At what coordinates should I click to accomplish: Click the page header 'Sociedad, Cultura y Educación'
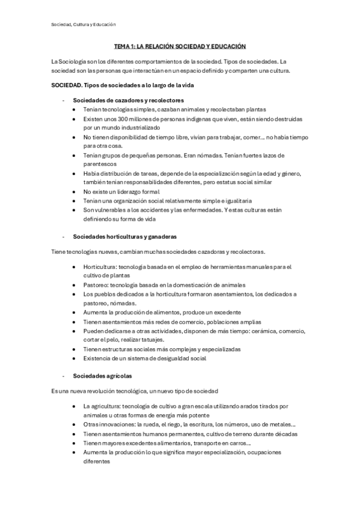point(84,24)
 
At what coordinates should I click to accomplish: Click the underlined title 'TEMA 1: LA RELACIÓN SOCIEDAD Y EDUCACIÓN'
point(180,46)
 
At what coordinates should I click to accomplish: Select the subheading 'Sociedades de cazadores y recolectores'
point(128,100)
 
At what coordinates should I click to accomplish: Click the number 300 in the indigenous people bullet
point(130,119)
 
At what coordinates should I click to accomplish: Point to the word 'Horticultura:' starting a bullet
point(100,266)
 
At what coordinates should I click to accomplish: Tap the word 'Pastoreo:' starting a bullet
point(96,285)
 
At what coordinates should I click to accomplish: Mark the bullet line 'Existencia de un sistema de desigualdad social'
point(144,358)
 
